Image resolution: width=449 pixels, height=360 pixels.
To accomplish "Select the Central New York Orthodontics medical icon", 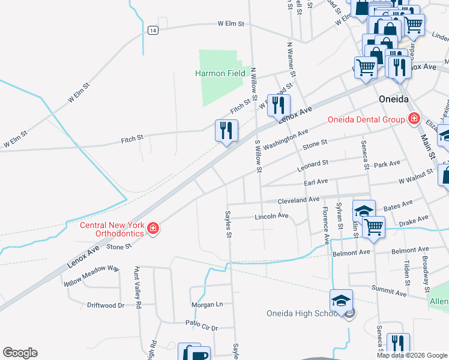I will click(153, 229).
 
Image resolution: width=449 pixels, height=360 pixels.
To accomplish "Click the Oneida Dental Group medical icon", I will click(413, 119).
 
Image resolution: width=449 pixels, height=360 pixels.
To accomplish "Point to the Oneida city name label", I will click(394, 98).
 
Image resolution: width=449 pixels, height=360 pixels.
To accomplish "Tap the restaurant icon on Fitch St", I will click(227, 131).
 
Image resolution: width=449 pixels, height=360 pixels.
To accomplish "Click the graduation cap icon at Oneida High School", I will click(341, 300).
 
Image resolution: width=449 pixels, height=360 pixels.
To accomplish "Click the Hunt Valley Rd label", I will click(137, 287).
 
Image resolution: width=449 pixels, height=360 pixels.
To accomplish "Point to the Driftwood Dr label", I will click(106, 305).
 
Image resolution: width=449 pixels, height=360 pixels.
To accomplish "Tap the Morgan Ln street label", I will click(207, 304).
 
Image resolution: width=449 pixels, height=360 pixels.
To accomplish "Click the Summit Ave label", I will click(391, 291).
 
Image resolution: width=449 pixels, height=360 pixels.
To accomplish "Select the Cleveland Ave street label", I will click(298, 200).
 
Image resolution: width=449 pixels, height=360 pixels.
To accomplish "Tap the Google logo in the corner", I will click(20, 353).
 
